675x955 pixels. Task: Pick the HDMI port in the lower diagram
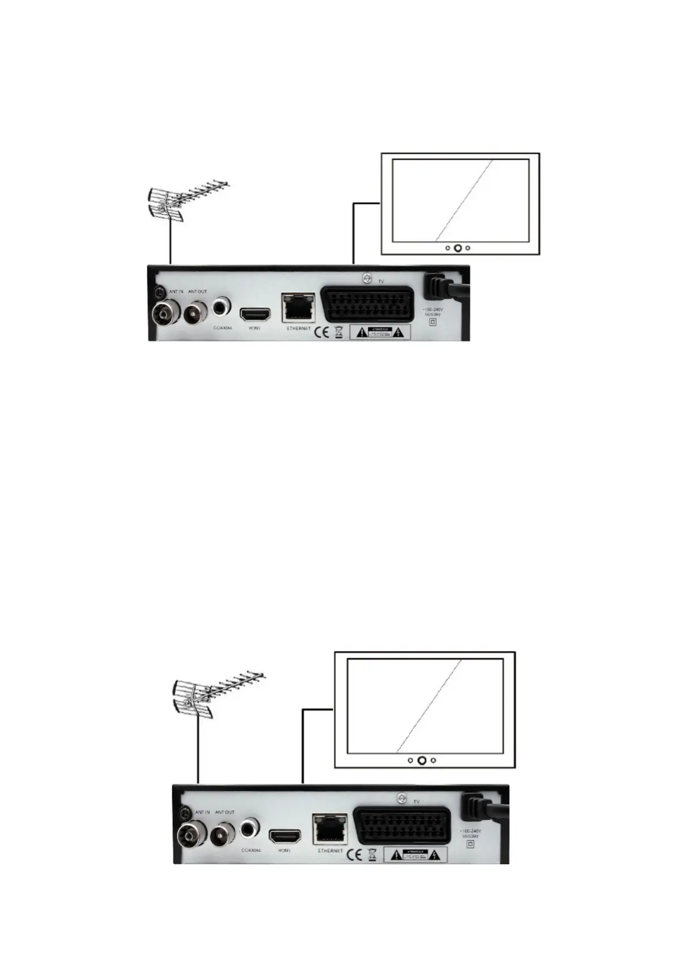285,836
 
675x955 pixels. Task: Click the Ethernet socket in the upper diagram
298,309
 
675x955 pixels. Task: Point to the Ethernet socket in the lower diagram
330,831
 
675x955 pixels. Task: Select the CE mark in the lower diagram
354,854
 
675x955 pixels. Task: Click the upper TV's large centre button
457,248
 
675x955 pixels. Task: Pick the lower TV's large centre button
422,760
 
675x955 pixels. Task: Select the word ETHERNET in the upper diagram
298,328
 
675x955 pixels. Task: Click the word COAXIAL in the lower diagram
251,850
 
